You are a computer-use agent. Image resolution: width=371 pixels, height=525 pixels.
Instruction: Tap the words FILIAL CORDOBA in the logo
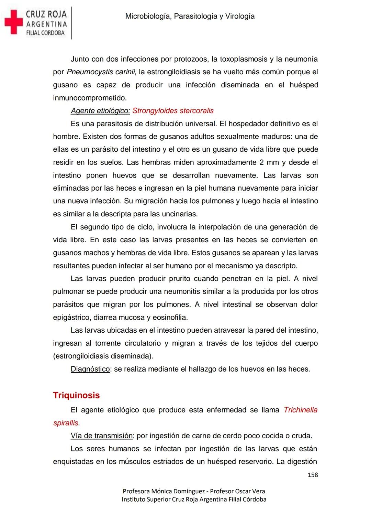pyautogui.click(x=45, y=33)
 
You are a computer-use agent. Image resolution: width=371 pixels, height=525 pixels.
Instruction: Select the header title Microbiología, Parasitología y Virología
pyautogui.click(x=190, y=16)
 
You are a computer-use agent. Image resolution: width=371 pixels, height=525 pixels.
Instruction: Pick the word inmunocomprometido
pyautogui.click(x=89, y=98)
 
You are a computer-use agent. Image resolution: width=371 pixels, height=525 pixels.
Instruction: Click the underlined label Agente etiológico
pyautogui.click(x=100, y=111)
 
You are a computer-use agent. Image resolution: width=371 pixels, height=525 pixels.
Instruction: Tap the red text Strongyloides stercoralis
pyautogui.click(x=173, y=111)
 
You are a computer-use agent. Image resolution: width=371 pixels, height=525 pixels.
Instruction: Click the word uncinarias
pyautogui.click(x=179, y=214)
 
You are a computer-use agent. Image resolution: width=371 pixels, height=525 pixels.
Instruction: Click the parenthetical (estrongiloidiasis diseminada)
pyautogui.click(x=103, y=356)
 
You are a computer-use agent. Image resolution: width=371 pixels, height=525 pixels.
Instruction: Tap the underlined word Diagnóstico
pyautogui.click(x=90, y=369)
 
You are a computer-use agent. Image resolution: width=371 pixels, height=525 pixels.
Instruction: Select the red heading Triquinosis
pyautogui.click(x=76, y=395)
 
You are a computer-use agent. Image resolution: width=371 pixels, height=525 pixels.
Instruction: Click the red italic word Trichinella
pyautogui.click(x=301, y=410)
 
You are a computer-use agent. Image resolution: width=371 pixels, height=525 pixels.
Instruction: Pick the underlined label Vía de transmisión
pyautogui.click(x=102, y=436)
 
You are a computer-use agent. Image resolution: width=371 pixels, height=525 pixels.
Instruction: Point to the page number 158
pyautogui.click(x=313, y=475)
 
